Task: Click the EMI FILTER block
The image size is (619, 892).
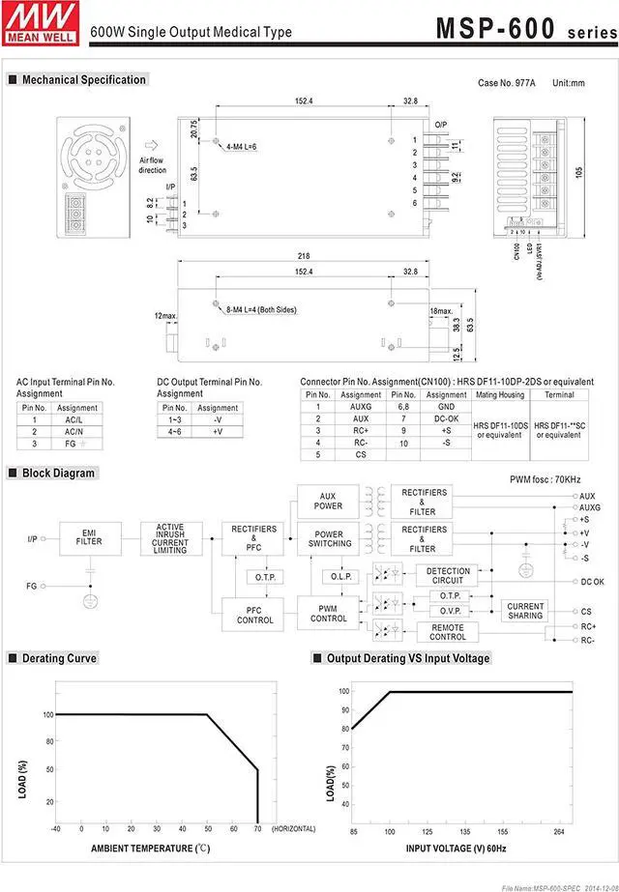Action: tap(89, 536)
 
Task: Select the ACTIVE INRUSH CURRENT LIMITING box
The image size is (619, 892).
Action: tap(170, 537)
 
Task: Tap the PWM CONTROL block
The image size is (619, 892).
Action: tap(329, 613)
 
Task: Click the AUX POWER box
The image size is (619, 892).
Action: tap(328, 501)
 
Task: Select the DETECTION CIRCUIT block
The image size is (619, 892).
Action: tap(448, 576)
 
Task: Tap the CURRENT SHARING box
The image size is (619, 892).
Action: tap(525, 611)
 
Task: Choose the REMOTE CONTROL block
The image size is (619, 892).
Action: tap(448, 632)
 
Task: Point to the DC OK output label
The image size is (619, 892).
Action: tap(592, 582)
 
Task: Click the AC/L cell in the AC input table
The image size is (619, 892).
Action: tap(73, 420)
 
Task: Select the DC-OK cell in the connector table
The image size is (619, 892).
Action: tap(446, 417)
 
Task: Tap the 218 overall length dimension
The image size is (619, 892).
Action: tap(303, 256)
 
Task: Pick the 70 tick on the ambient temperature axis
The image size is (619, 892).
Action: tap(257, 829)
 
